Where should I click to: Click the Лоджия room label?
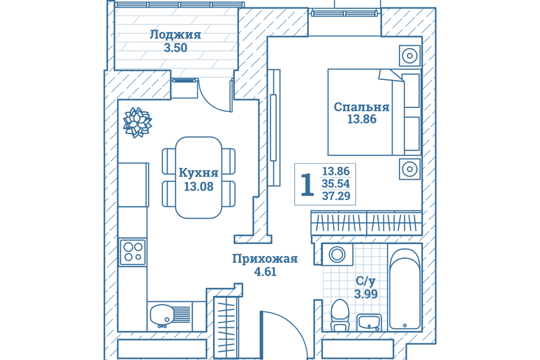(x=175, y=34)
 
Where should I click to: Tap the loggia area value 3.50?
(x=175, y=48)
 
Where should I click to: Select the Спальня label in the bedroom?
(x=361, y=107)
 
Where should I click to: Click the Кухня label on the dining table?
(x=198, y=172)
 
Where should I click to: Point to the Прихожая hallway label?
(x=264, y=259)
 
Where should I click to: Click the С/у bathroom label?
(x=366, y=281)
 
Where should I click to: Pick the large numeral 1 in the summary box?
(x=307, y=184)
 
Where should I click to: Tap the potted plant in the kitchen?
(x=137, y=122)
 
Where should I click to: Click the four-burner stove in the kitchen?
(x=133, y=252)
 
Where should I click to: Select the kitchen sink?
(x=163, y=316)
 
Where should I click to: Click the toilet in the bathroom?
(x=340, y=315)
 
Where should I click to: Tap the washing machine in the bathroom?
(x=337, y=254)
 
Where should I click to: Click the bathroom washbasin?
(x=369, y=322)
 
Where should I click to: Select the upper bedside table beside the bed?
(x=409, y=56)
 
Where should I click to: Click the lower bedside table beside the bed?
(x=409, y=169)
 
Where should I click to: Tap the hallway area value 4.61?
(x=264, y=272)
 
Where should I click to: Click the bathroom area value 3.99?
(x=366, y=294)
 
